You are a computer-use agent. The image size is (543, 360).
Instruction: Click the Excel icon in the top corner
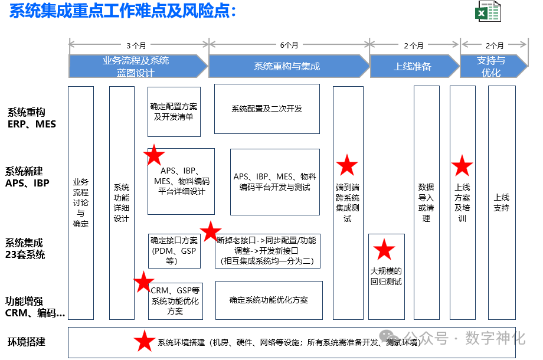click(488, 11)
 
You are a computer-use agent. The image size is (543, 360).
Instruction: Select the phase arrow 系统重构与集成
click(287, 66)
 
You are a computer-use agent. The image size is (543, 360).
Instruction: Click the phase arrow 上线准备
click(413, 66)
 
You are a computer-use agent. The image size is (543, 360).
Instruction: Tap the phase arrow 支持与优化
click(491, 66)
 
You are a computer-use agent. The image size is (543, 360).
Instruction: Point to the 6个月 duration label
click(289, 45)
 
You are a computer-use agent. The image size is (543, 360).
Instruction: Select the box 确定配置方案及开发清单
click(174, 111)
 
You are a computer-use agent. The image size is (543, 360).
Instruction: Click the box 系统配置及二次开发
click(267, 109)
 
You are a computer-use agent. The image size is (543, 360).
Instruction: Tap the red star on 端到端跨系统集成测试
click(347, 166)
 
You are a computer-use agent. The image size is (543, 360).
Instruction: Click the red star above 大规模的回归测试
click(385, 250)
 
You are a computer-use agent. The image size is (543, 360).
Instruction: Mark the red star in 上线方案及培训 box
click(462, 166)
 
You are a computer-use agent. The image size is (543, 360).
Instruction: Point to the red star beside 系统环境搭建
click(144, 341)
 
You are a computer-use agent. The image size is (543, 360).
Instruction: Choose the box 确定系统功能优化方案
click(269, 300)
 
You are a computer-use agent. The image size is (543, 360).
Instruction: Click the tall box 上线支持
click(502, 202)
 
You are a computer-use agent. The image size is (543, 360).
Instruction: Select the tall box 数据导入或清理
click(426, 202)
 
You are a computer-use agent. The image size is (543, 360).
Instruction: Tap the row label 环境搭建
click(27, 342)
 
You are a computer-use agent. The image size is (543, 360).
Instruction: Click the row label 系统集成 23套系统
click(25, 248)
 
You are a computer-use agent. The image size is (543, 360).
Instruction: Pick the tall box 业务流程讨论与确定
click(81, 202)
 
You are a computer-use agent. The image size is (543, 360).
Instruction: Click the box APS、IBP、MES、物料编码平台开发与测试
click(274, 182)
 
